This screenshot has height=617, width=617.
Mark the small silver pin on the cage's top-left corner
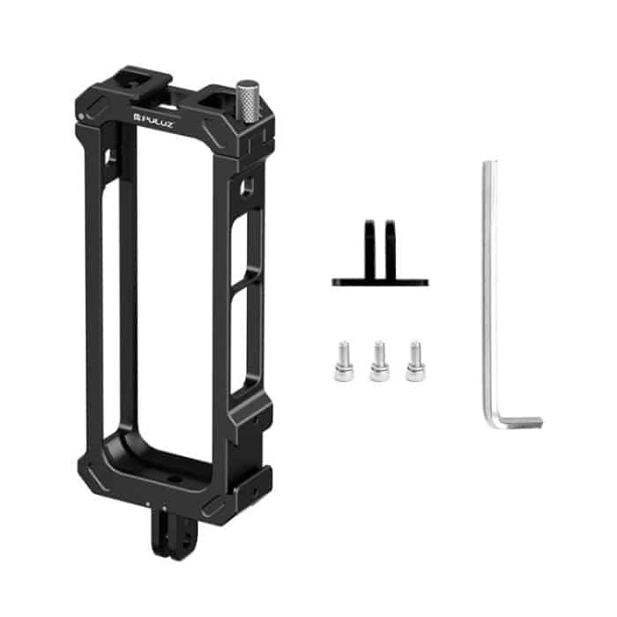click(x=81, y=116)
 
